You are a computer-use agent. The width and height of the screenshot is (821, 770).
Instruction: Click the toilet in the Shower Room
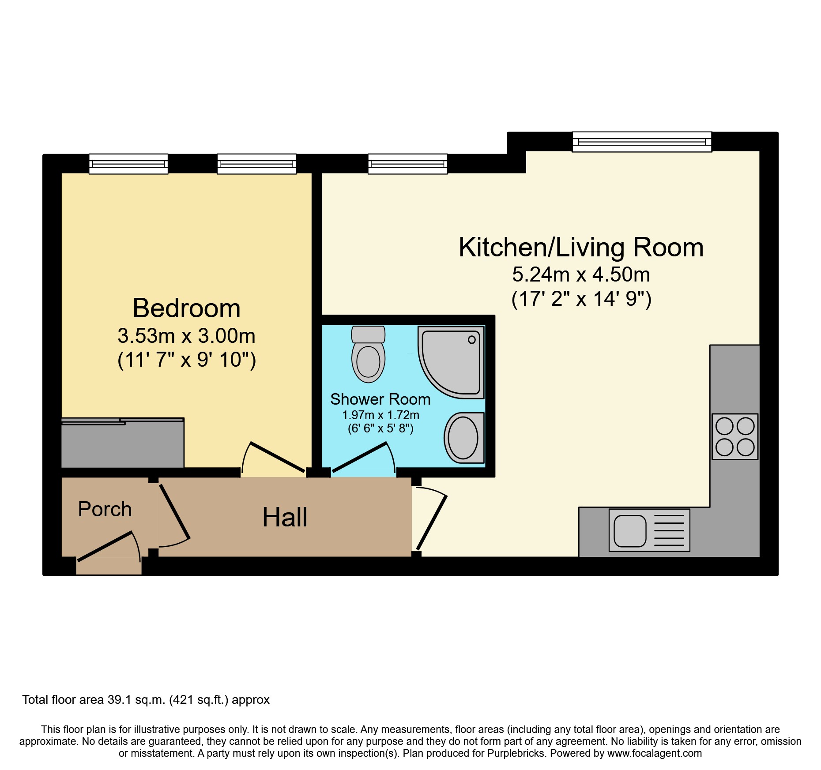(368, 354)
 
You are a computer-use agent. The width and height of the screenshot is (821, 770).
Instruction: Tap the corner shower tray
(451, 362)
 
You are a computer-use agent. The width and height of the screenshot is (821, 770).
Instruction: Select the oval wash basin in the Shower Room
(463, 438)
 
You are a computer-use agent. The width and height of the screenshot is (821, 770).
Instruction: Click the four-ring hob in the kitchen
(735, 436)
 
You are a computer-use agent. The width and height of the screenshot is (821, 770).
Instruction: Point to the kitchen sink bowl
(630, 530)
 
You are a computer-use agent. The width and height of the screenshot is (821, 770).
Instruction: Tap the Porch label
(105, 509)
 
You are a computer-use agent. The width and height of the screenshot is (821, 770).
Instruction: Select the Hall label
(285, 517)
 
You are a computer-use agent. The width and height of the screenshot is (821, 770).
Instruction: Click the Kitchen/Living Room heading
(581, 248)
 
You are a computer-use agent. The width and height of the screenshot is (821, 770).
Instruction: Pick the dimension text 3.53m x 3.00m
(187, 336)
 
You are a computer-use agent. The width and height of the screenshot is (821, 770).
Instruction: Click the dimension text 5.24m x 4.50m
(581, 275)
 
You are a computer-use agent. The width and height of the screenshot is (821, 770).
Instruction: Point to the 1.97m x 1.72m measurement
(381, 415)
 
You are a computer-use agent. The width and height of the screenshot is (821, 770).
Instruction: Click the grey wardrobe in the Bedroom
(123, 443)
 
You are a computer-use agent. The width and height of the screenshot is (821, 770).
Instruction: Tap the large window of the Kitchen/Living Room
(642, 142)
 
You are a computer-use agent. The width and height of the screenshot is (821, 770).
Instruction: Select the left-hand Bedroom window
(128, 164)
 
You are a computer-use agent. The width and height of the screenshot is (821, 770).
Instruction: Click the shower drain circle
(472, 339)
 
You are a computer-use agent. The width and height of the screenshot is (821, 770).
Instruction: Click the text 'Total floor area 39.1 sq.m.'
(94, 700)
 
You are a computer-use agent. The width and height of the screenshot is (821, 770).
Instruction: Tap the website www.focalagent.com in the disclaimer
(655, 753)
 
